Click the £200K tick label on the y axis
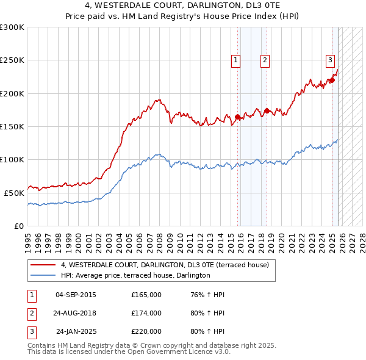pos(12,93)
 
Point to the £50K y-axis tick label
pos(13,192)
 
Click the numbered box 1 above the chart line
pos(235,60)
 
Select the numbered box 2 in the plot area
pos(265,60)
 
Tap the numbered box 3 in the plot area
pos(330,60)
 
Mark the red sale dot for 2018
pos(267,111)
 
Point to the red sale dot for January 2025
pos(332,81)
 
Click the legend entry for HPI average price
pos(135,275)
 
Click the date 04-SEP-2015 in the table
pos(76,295)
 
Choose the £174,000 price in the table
pos(146,313)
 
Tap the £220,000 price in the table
pos(146,331)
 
